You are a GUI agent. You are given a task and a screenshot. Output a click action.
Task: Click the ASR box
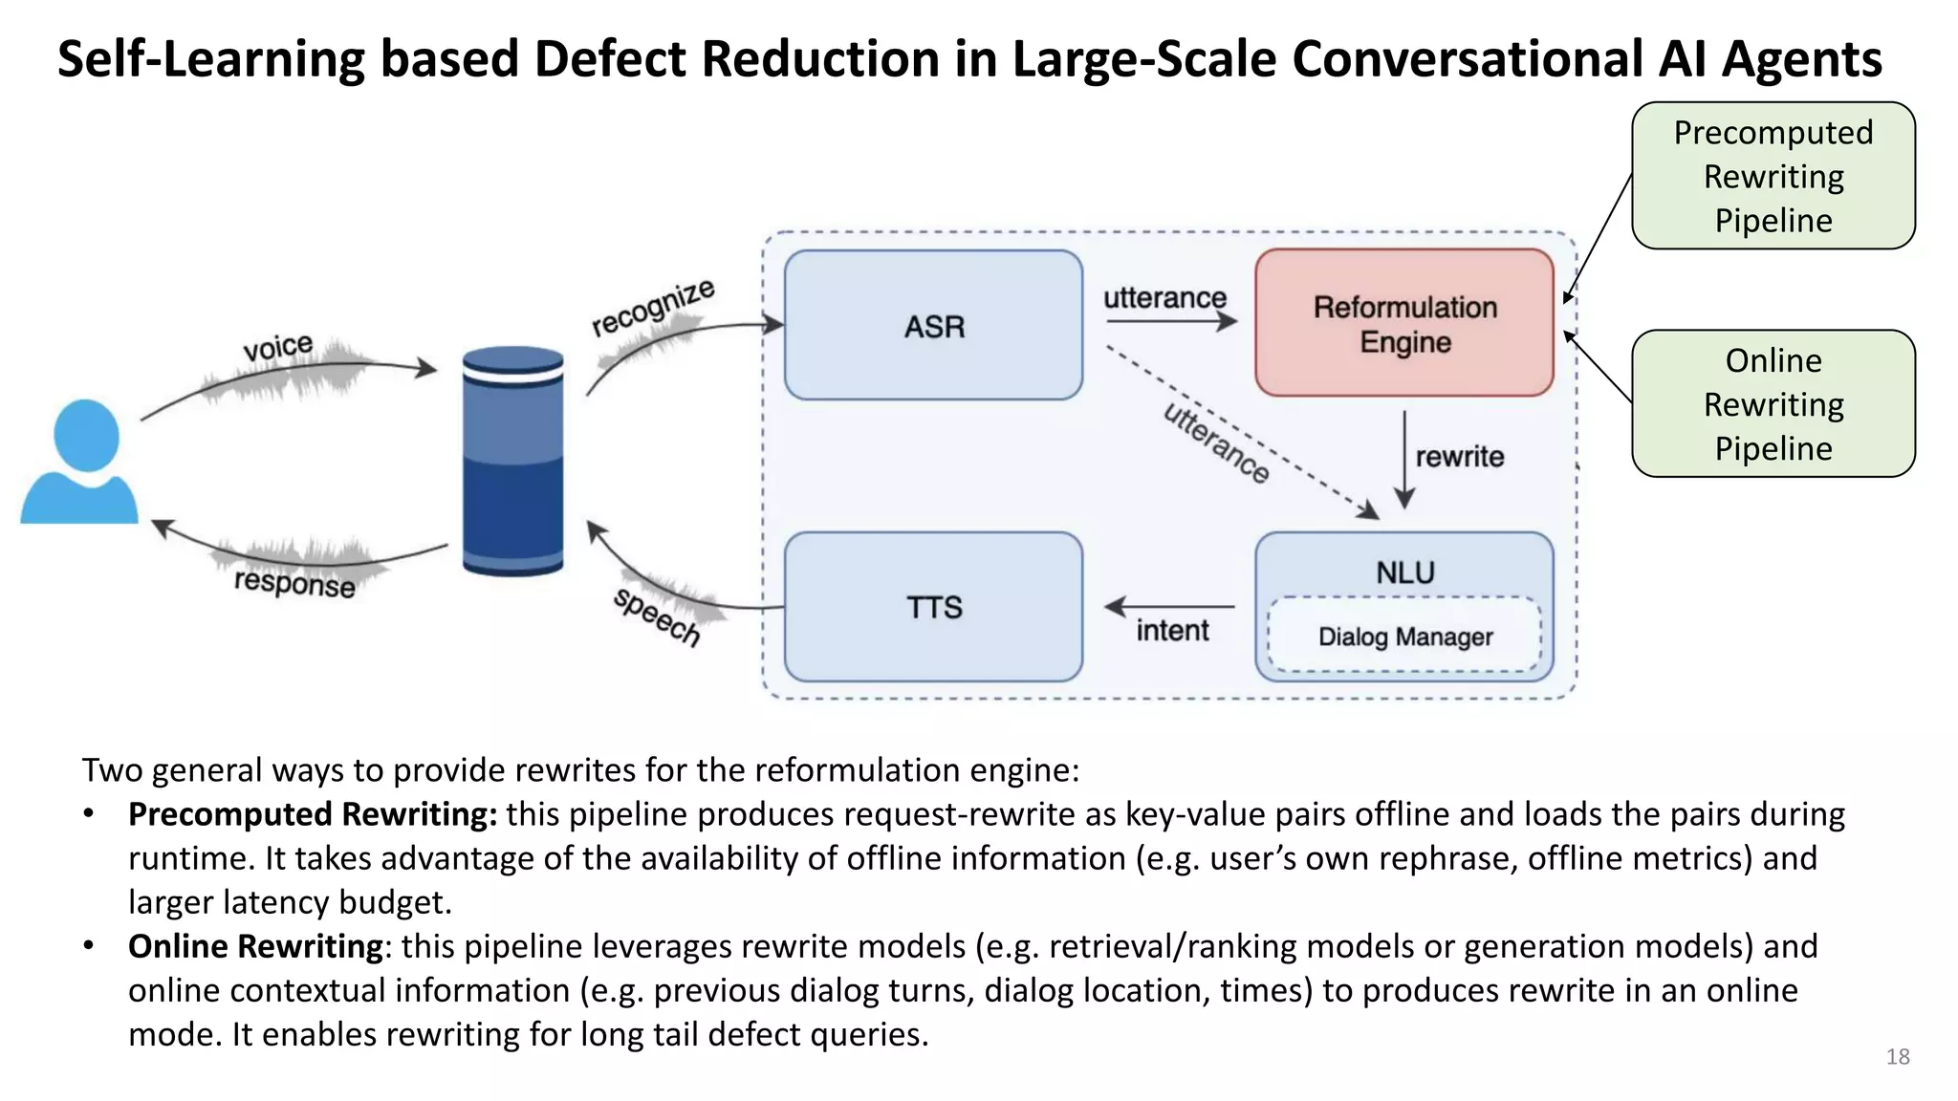[933, 326]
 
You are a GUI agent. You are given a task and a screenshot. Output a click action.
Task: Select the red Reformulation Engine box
[1403, 324]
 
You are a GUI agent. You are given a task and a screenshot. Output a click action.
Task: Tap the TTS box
[933, 607]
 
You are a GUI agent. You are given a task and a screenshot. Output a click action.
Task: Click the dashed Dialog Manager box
[1404, 637]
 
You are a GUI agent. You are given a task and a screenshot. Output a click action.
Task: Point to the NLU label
[1404, 572]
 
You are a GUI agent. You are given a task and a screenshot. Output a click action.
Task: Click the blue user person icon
[82, 464]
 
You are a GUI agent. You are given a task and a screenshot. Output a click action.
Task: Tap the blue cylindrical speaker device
[512, 462]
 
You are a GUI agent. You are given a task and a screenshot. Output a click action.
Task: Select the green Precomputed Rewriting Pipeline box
[1773, 176]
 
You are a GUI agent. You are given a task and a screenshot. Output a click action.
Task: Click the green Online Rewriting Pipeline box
[1773, 404]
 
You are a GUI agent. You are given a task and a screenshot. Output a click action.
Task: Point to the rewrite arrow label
[1459, 457]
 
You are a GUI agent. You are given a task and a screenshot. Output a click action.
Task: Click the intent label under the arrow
[1172, 631]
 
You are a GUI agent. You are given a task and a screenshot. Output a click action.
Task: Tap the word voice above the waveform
[277, 347]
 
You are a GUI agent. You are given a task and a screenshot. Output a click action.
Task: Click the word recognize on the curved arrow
[653, 307]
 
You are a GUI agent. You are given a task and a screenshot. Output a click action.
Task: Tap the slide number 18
[1897, 1057]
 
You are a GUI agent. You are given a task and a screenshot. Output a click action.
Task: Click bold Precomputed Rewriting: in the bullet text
[313, 814]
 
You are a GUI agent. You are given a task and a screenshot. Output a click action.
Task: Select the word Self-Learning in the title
[210, 59]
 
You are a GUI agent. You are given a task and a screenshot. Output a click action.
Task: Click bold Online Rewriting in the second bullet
[255, 946]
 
